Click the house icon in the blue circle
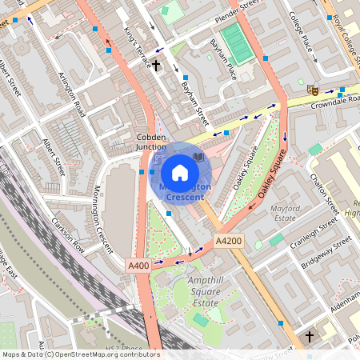(x=180, y=171)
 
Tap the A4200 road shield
(x=228, y=240)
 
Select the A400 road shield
(x=137, y=263)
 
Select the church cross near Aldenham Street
(x=310, y=337)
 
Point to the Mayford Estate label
(x=286, y=212)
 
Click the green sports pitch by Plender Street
(x=234, y=38)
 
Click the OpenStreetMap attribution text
(x=80, y=354)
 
